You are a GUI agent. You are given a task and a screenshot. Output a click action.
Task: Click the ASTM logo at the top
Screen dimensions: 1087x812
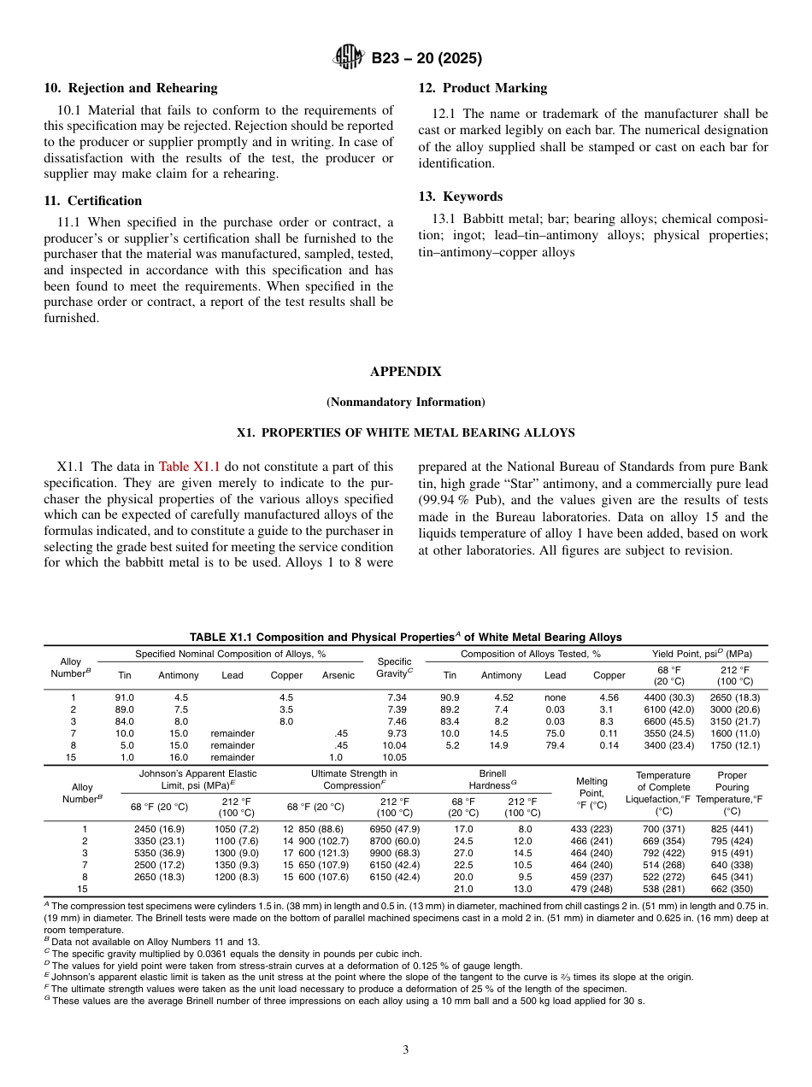click(349, 58)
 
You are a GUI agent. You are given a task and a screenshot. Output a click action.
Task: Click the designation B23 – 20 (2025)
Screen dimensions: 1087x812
click(427, 59)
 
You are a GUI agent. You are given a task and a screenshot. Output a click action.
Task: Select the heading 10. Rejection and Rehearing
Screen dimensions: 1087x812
click(131, 88)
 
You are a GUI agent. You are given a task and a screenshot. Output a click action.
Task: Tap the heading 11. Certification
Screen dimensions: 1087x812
click(93, 201)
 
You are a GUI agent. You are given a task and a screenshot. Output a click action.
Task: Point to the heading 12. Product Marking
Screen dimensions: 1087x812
click(482, 88)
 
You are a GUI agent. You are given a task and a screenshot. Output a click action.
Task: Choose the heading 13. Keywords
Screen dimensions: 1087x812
click(460, 197)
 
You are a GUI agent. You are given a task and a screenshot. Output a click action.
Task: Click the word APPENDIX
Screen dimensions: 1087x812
click(405, 372)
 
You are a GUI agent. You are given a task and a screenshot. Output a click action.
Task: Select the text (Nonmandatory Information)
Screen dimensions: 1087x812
click(405, 402)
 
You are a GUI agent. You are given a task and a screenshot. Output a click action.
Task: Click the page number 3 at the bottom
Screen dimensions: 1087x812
click(405, 1050)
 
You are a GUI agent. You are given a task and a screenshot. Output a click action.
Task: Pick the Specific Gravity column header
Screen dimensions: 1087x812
click(395, 667)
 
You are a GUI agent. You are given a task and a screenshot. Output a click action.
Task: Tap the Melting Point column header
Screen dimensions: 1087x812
click(591, 793)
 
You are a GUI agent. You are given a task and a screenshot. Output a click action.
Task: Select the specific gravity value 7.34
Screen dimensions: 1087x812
click(397, 697)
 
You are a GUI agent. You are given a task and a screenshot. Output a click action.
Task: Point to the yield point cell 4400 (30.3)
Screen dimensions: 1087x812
click(668, 697)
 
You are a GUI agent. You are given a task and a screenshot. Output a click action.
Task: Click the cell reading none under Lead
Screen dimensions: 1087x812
click(555, 697)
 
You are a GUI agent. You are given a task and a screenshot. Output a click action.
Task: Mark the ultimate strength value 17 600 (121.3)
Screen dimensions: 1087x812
click(315, 853)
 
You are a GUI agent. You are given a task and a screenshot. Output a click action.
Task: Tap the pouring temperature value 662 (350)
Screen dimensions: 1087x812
click(732, 889)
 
